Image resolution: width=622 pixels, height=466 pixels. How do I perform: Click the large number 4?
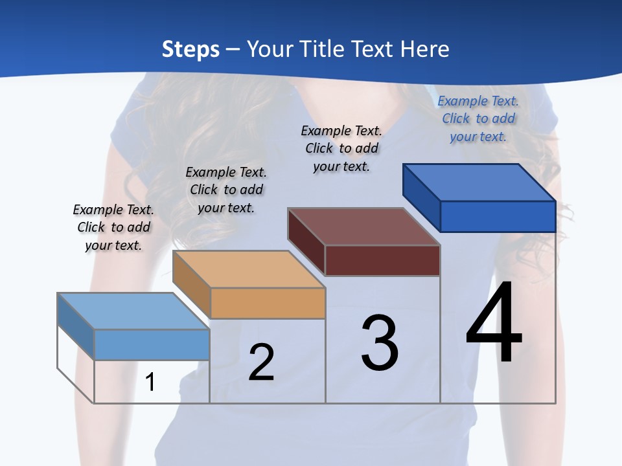(494, 324)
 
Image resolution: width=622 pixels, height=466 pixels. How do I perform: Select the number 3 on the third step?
(380, 343)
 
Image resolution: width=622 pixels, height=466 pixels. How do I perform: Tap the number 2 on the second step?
(261, 362)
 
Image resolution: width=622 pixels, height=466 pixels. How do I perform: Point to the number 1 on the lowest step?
(150, 383)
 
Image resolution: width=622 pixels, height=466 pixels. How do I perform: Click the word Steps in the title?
(190, 49)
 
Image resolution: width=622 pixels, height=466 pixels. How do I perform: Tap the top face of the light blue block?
(133, 311)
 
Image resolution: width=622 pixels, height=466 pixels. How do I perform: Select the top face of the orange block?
(249, 269)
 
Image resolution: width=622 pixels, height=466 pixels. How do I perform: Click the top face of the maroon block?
(364, 227)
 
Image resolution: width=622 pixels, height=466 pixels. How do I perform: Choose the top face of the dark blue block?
(479, 182)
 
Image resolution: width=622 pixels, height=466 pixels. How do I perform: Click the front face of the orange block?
(268, 303)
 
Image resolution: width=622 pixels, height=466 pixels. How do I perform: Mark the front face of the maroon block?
(382, 260)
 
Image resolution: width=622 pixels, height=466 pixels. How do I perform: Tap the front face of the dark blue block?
(498, 216)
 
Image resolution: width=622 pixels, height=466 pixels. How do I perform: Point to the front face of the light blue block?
(152, 344)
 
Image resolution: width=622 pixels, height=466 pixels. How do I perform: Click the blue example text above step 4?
(478, 118)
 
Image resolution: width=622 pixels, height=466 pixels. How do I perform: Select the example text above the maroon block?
(341, 148)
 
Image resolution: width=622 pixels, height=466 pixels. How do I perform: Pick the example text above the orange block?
(226, 190)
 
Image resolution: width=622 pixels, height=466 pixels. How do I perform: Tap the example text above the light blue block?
(113, 227)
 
